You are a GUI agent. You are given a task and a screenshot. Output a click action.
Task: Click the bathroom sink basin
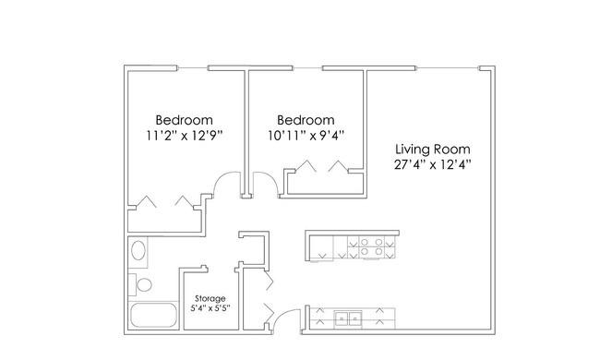[138, 250]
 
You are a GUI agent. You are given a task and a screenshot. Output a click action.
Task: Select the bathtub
[153, 316]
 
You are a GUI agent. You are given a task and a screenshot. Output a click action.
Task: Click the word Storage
[210, 298]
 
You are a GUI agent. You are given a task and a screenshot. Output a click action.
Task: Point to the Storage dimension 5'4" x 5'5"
[210, 308]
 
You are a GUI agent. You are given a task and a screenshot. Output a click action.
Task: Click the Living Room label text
[432, 149]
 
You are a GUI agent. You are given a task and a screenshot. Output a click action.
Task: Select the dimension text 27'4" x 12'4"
[432, 164]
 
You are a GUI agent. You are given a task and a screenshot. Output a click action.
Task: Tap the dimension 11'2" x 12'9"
[184, 135]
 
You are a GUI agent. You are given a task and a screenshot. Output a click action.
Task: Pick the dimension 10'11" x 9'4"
[306, 135]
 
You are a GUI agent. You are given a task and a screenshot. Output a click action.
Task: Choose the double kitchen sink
[348, 318]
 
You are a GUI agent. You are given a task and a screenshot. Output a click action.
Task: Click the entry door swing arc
[284, 313]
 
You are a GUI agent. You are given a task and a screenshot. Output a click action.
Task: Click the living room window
[448, 68]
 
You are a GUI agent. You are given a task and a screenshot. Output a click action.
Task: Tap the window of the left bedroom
[193, 68]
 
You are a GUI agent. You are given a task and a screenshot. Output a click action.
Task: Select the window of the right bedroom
[307, 68]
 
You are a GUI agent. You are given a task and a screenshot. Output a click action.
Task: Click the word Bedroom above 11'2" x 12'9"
[184, 120]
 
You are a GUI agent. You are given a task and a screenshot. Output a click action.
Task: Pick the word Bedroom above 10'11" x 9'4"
[306, 120]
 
